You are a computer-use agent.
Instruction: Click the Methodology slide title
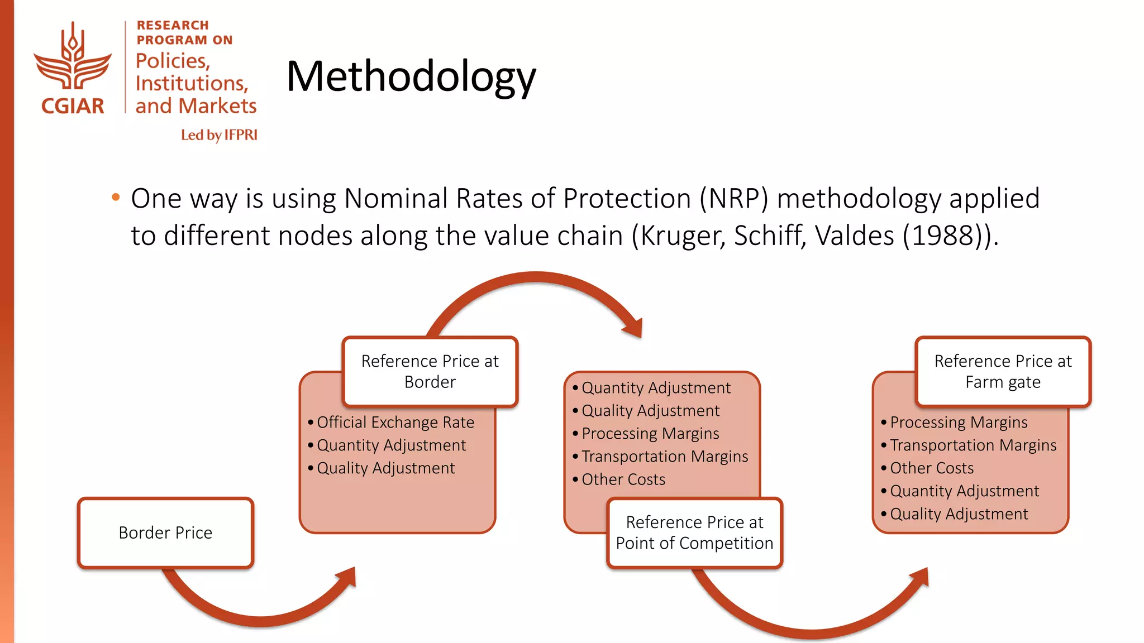click(x=411, y=76)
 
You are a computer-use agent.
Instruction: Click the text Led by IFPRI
click(x=218, y=135)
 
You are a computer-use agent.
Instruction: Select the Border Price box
click(x=165, y=533)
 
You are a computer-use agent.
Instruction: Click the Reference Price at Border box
click(x=430, y=372)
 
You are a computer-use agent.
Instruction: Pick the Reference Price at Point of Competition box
click(x=694, y=533)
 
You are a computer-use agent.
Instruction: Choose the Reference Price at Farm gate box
click(x=1003, y=372)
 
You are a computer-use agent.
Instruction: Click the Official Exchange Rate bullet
click(x=395, y=423)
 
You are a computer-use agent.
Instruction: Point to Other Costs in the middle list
click(x=623, y=479)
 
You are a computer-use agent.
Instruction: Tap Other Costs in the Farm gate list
click(x=931, y=468)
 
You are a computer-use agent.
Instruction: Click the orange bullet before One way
click(x=116, y=197)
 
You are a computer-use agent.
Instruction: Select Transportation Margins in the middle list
click(x=664, y=457)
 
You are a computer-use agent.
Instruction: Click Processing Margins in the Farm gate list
click(x=958, y=423)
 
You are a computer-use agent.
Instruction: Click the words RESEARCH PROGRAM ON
click(x=184, y=32)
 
